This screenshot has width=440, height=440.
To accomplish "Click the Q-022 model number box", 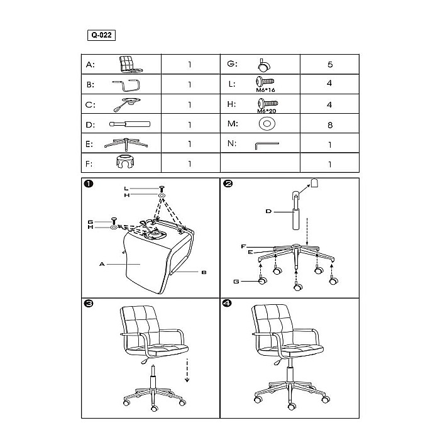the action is click(x=101, y=36).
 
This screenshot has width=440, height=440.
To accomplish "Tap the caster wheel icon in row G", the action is click(x=263, y=64).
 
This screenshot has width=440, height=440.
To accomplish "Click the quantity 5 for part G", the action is click(x=330, y=64).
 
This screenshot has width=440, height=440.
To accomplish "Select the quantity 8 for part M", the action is click(x=330, y=124).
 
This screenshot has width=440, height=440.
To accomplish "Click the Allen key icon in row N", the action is click(x=266, y=145).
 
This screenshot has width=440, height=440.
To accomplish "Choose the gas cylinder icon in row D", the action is click(x=129, y=124).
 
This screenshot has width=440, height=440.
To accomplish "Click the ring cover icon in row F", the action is click(x=128, y=163).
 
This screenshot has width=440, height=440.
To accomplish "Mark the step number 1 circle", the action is click(x=89, y=184).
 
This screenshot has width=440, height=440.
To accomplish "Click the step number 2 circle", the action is click(x=228, y=184).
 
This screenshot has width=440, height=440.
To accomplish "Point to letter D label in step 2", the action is click(x=268, y=212).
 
